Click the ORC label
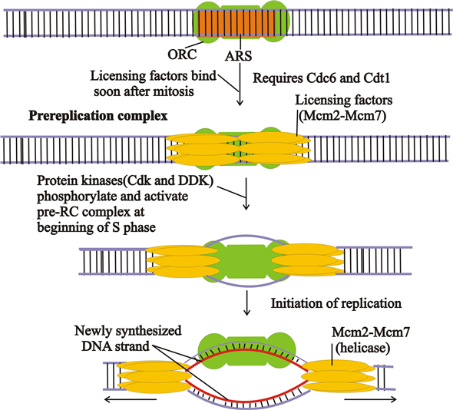tap(182, 54)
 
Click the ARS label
tap(238, 56)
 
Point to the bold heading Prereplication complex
tap(98, 116)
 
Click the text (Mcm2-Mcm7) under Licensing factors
tap(342, 116)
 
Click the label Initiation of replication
tap(336, 303)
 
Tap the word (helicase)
tap(362, 348)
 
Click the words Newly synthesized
tap(128, 331)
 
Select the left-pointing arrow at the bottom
tap(131, 399)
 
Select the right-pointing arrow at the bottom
tap(371, 399)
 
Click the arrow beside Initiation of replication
tap(246, 303)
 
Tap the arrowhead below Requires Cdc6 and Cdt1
tap(240, 103)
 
